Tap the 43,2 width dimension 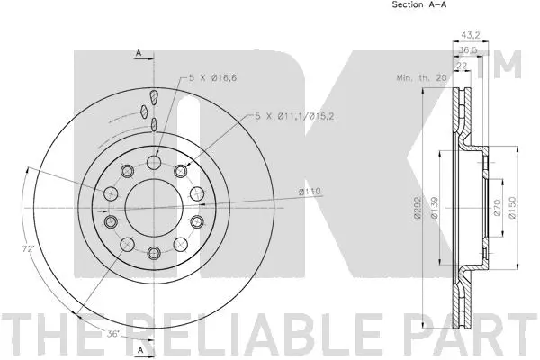(x=471, y=35)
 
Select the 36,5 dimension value (x=469, y=51)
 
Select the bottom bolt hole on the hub (x=154, y=253)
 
